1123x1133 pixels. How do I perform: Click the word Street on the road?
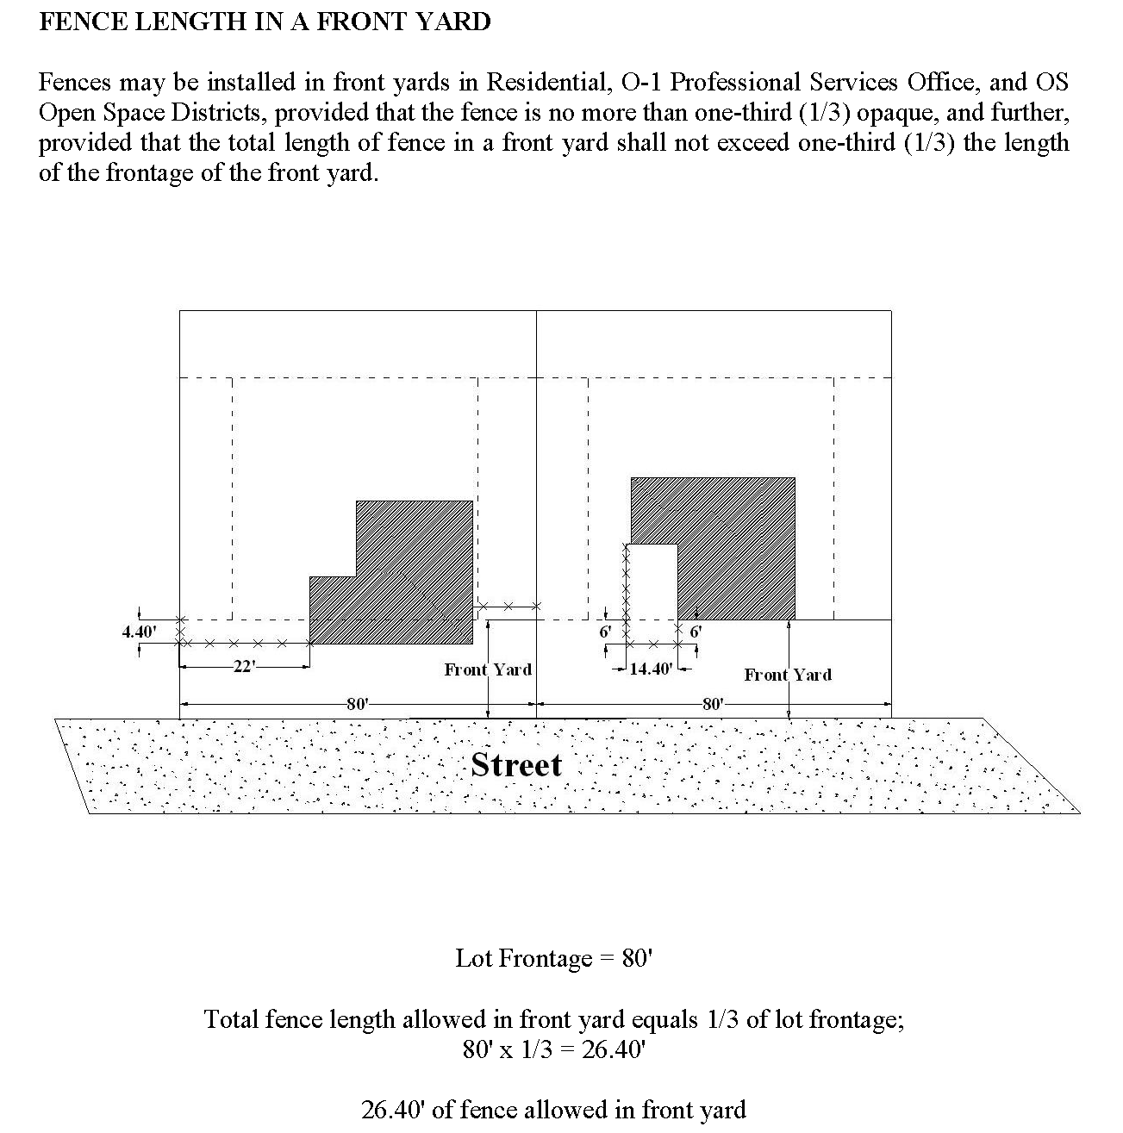pos(515,765)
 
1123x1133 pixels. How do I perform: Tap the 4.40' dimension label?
pos(139,632)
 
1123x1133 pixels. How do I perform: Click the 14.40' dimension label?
pos(651,669)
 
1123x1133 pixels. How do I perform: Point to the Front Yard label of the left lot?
pos(488,669)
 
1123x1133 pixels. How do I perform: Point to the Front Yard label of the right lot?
pos(788,675)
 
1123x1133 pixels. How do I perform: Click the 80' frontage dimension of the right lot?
pos(713,704)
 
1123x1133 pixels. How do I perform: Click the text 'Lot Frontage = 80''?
pos(553,958)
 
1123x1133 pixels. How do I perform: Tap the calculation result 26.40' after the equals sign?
pos(614,1050)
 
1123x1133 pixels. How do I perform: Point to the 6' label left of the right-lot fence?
pos(605,632)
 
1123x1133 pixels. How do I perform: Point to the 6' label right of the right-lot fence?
pos(696,632)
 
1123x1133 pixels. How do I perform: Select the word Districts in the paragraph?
pos(215,113)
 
